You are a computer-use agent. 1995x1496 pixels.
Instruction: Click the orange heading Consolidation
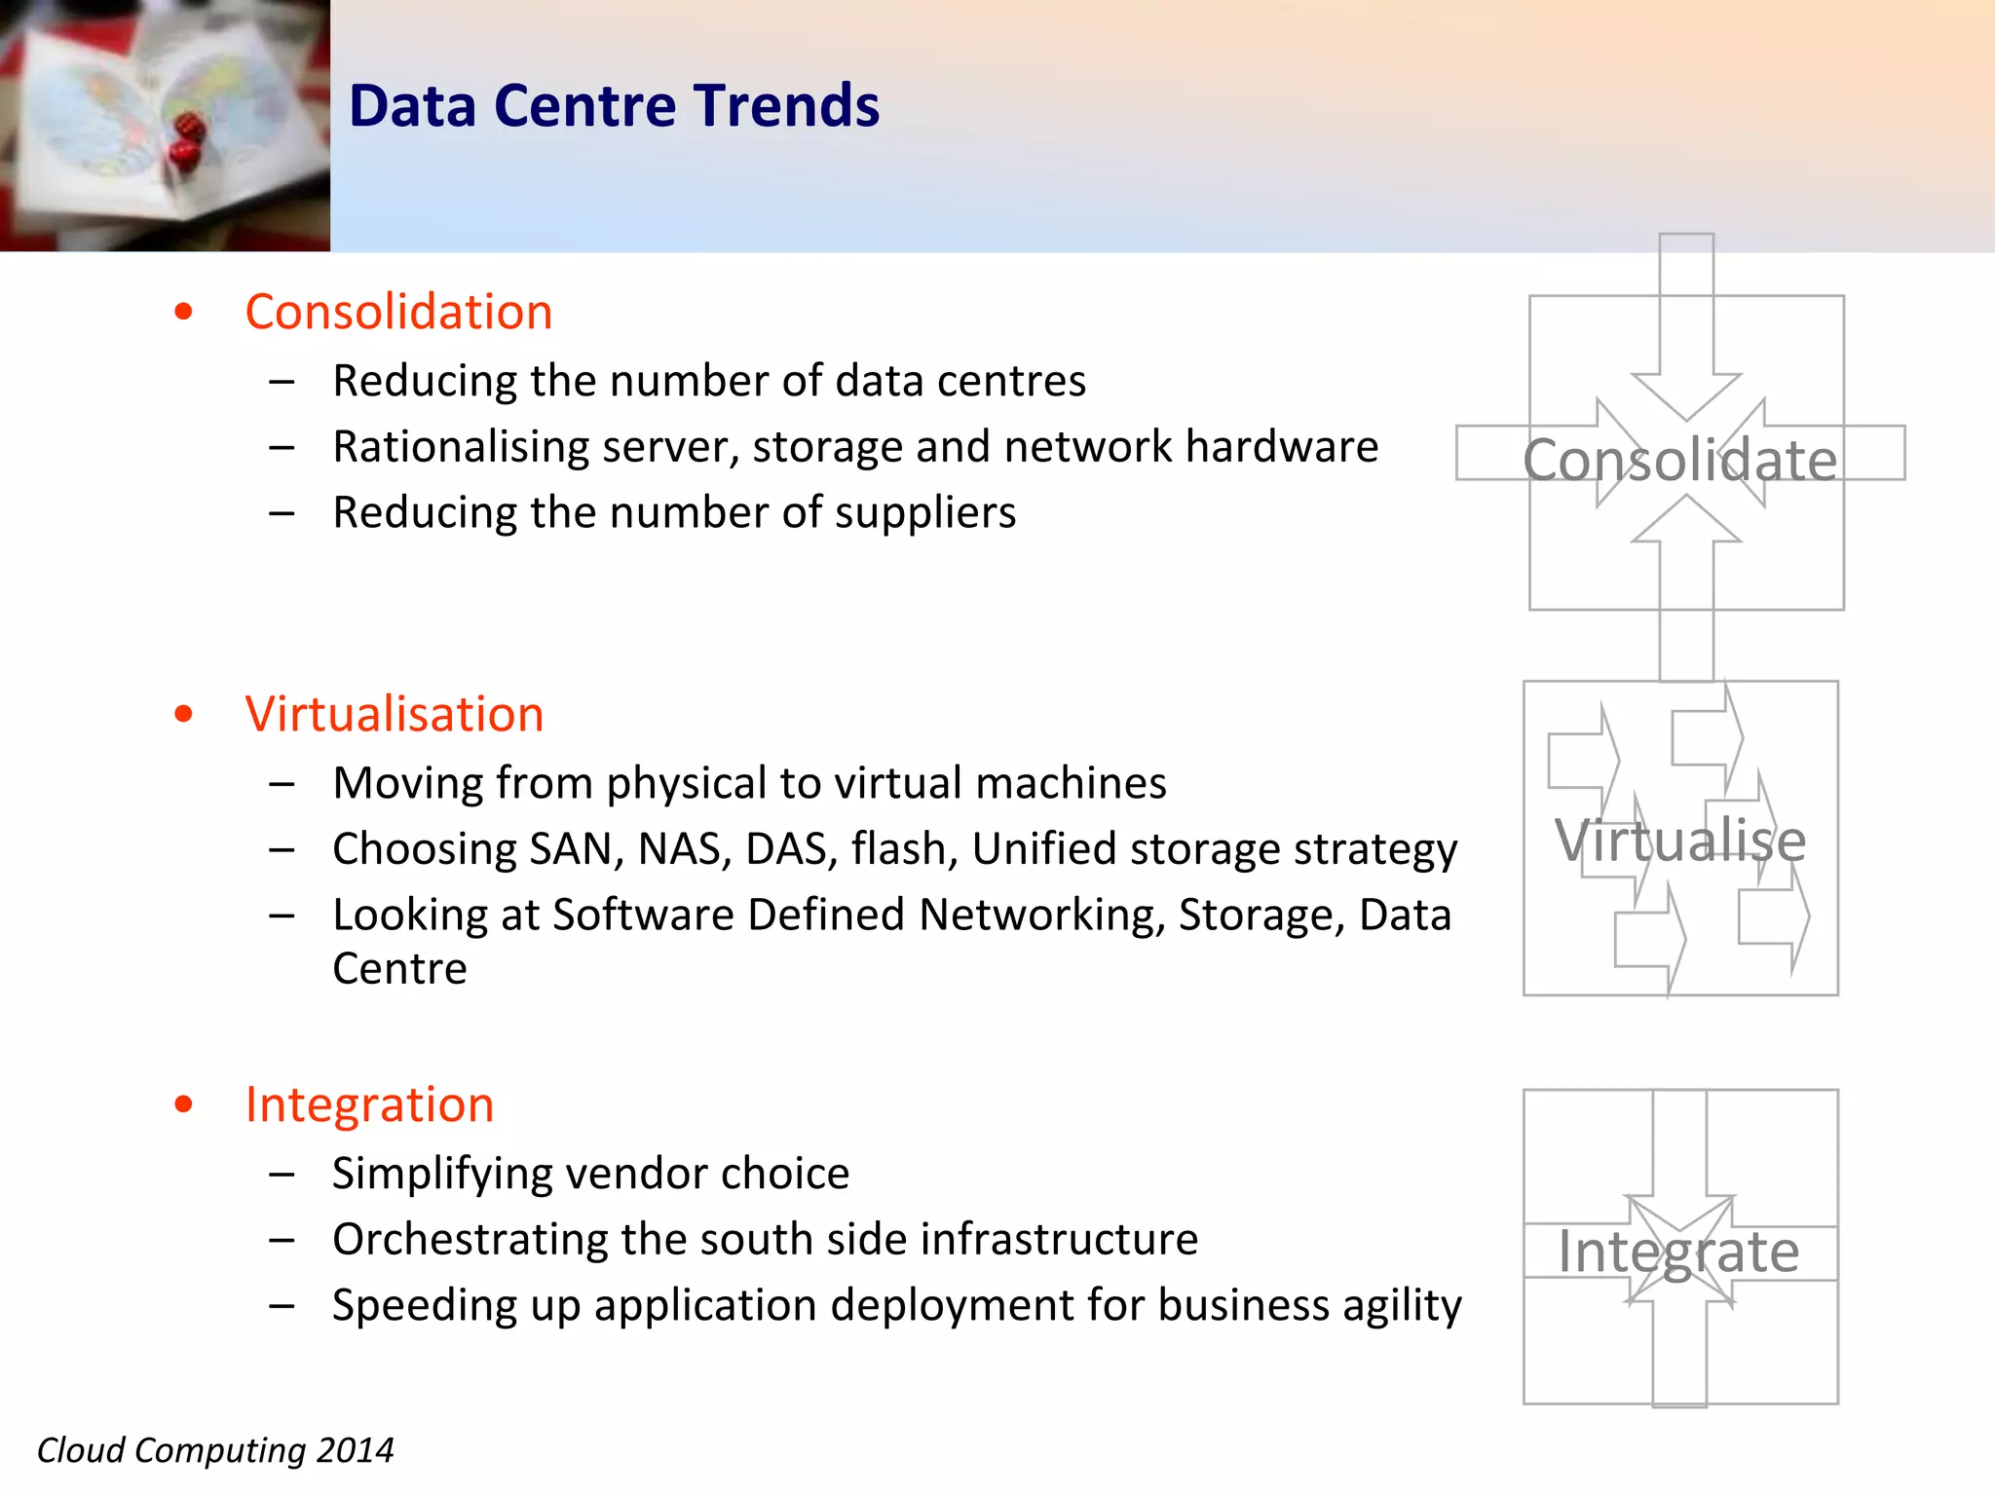point(398,313)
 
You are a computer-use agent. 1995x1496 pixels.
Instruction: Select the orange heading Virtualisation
point(394,714)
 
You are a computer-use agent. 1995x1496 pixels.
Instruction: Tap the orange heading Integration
point(369,1104)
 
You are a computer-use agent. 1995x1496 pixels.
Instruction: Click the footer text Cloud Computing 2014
point(215,1450)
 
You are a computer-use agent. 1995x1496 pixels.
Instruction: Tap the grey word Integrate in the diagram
point(1677,1252)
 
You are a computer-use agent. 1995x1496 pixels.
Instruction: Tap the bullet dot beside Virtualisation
point(183,714)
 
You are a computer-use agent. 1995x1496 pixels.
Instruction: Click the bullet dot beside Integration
point(183,1104)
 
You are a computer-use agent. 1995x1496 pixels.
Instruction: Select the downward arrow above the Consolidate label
point(1686,331)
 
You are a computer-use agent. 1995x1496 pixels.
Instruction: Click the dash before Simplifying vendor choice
point(282,1175)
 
